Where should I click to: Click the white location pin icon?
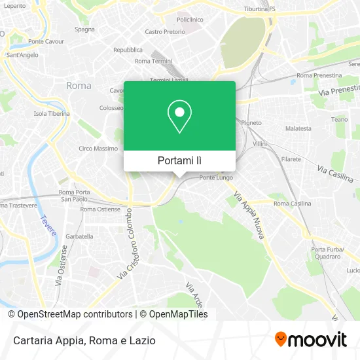(x=179, y=116)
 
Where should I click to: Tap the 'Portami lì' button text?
(x=179, y=160)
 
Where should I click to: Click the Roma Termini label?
(x=152, y=61)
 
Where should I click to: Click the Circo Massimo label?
(x=98, y=148)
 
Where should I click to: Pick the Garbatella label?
(x=79, y=236)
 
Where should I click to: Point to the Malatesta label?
(x=298, y=128)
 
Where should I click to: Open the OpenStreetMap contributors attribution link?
(x=71, y=314)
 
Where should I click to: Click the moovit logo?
(x=311, y=340)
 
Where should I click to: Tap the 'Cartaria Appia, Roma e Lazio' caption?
(x=82, y=340)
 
